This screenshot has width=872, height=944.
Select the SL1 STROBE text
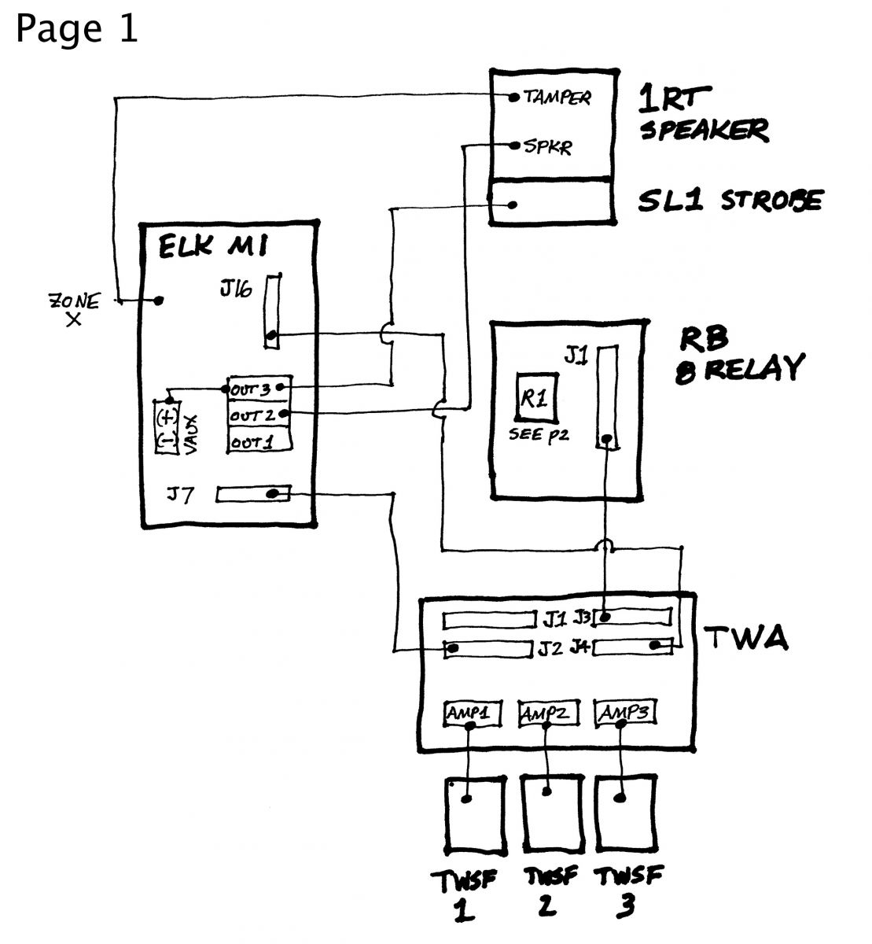point(730,201)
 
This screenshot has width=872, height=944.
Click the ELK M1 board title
point(214,246)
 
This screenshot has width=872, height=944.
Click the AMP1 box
point(469,713)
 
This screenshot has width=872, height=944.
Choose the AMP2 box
point(546,714)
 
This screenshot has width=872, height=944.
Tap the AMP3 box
point(625,713)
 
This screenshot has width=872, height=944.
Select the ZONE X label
point(75,309)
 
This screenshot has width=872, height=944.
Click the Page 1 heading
point(76,30)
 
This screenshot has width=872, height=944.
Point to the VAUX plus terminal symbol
point(166,415)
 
